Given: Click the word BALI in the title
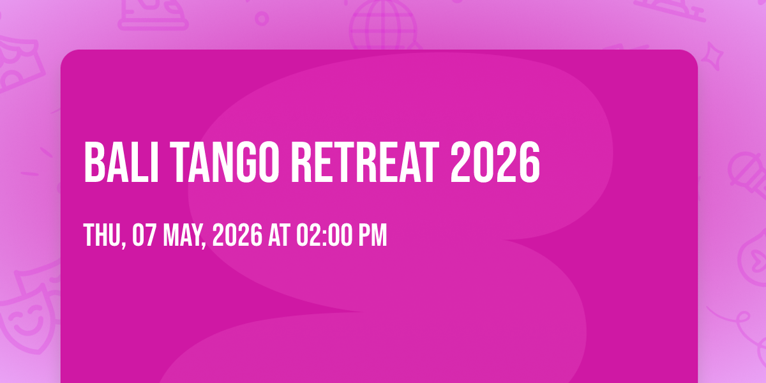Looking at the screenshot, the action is [121, 162].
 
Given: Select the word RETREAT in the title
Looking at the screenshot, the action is [365, 162].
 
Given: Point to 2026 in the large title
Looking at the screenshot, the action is [495, 162].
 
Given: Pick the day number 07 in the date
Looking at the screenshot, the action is [144, 235].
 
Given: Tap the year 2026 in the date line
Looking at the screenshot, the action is [237, 235].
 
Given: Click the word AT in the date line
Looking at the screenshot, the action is [279, 235].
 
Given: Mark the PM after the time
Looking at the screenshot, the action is [372, 235].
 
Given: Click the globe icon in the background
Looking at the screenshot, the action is [384, 24].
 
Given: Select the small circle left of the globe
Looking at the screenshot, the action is [262, 19].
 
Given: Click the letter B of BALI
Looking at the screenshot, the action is [94, 162].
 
